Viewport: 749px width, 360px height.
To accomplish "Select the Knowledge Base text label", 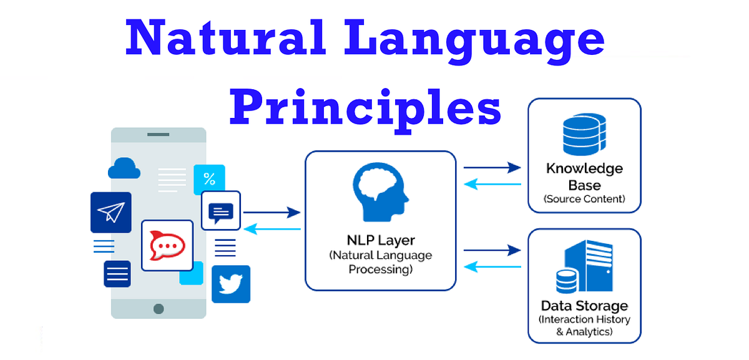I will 584,177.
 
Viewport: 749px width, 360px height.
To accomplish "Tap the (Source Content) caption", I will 584,200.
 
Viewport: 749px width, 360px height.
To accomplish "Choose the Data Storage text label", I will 584,306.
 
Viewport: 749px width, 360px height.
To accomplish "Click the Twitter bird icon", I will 230,284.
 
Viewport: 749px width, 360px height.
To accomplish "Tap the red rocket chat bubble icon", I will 167,245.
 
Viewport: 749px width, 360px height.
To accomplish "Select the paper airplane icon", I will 110,212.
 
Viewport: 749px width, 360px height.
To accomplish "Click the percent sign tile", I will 209,180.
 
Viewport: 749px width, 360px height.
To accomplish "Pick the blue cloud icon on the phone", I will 124,168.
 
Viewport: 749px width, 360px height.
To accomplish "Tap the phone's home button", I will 159,308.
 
